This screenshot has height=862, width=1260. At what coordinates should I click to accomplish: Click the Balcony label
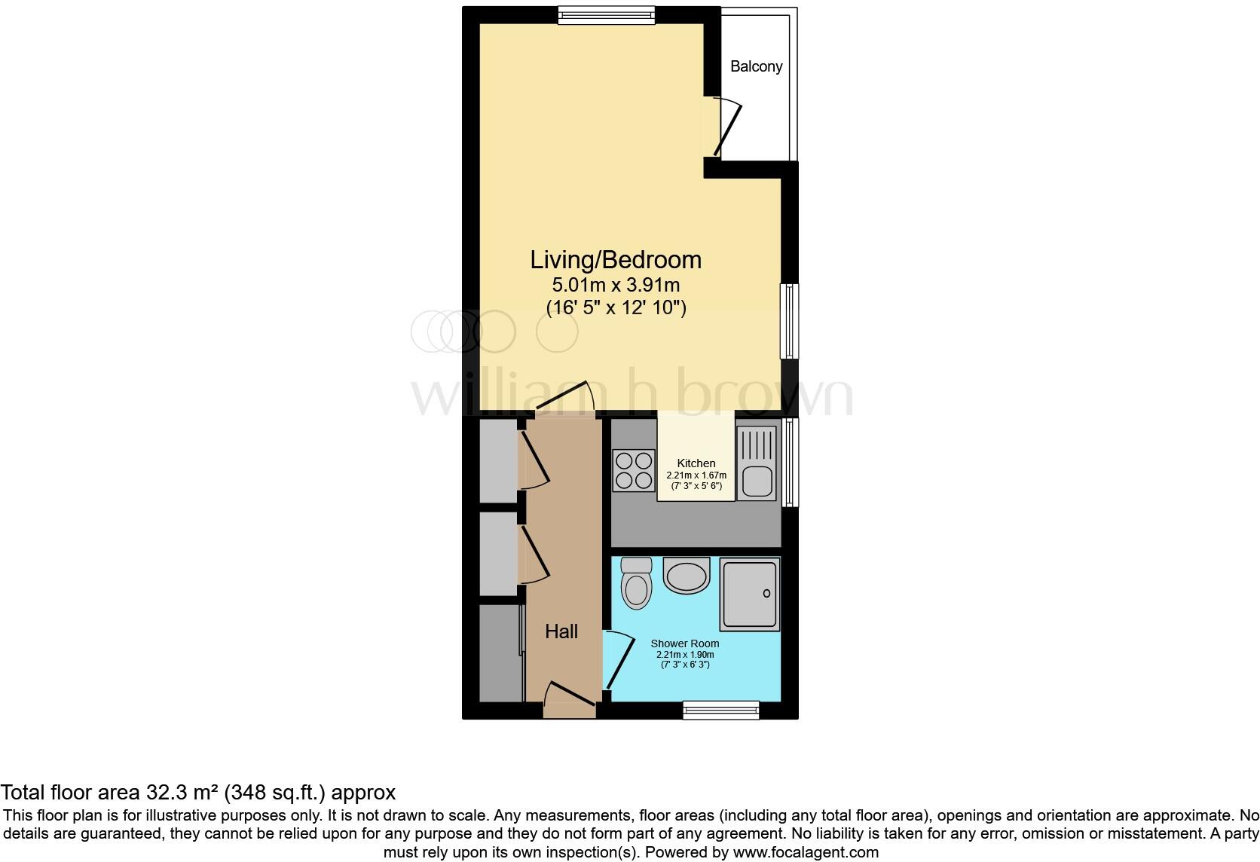[756, 66]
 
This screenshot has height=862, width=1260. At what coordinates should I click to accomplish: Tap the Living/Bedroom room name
[616, 259]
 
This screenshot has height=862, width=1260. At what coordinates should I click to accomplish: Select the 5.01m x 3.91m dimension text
[616, 285]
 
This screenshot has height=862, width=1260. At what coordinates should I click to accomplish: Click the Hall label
[561, 631]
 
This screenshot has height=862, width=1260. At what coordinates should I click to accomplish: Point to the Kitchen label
[696, 463]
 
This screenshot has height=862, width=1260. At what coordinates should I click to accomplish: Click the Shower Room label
[685, 643]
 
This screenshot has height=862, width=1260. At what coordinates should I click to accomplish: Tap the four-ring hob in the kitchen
[633, 469]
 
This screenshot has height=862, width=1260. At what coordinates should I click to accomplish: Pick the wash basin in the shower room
[687, 576]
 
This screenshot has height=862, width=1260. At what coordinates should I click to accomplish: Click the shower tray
[749, 594]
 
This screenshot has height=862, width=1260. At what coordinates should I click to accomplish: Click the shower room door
[619, 662]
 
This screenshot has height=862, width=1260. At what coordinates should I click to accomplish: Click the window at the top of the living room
[606, 14]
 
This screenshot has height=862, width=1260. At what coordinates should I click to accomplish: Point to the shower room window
[720, 709]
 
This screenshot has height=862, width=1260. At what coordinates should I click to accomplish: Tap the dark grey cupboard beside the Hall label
[500, 653]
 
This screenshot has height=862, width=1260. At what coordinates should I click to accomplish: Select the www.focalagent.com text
[806, 852]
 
